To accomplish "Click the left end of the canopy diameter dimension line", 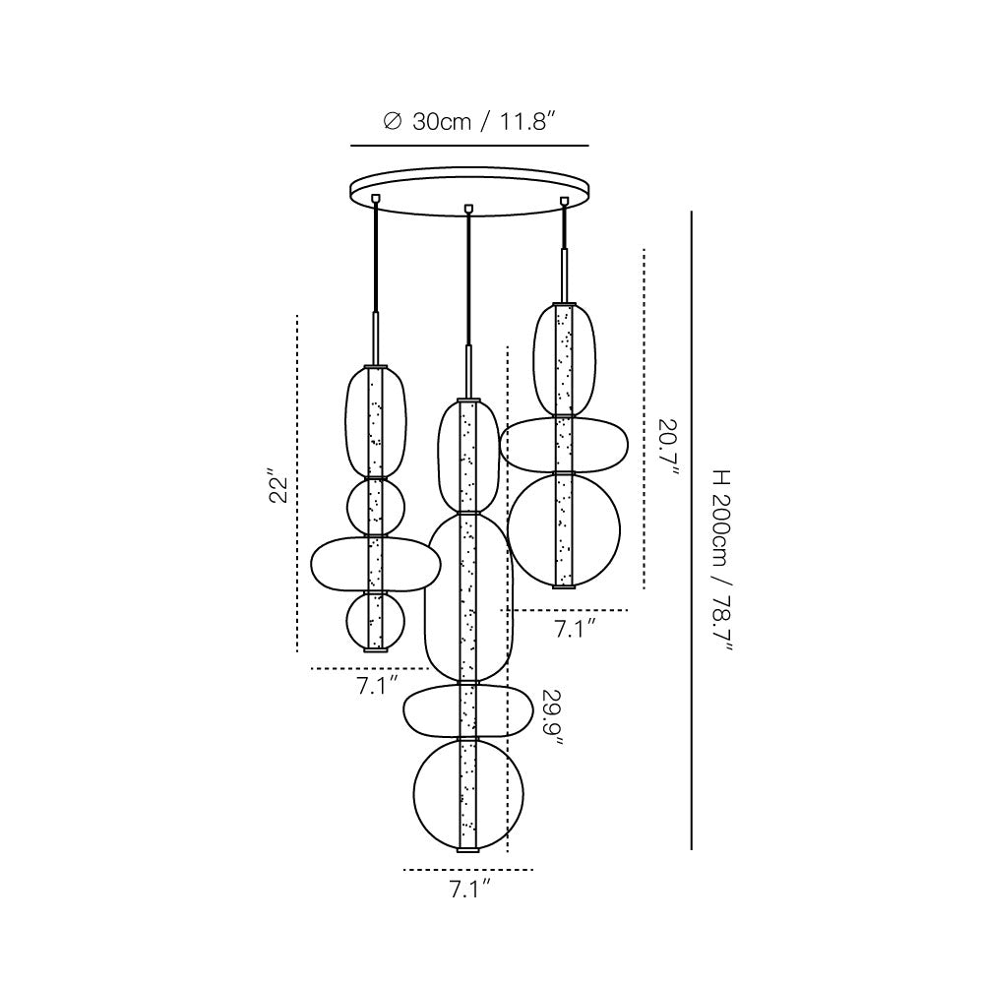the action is point(351,146).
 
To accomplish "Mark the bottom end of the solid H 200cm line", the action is point(692,849).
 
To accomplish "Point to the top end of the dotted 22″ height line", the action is point(297,315).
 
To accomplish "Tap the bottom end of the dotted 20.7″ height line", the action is point(645,588).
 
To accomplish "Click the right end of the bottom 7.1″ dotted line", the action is point(533,869).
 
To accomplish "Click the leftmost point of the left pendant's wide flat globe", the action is point(311,564).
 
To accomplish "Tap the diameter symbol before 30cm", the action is point(392,121).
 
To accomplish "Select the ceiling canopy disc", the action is point(470,192).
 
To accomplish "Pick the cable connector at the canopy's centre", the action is point(466,208).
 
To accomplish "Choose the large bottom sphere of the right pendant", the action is point(564,530).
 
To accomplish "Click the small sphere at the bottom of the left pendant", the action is point(375,621).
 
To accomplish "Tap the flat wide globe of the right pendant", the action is point(564,445).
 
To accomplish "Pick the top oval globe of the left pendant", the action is point(375,422).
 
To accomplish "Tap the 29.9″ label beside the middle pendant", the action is point(552,717).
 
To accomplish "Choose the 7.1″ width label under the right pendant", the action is point(575,628).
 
